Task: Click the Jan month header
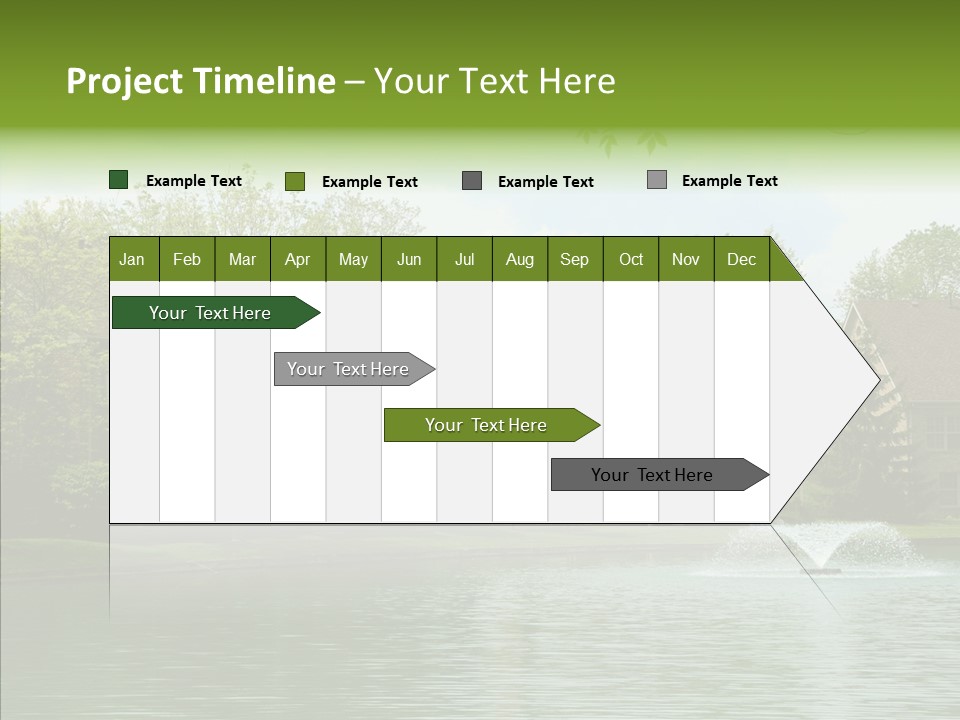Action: click(x=133, y=259)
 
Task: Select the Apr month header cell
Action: click(x=298, y=259)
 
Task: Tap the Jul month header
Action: click(x=464, y=259)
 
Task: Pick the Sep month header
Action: click(x=574, y=259)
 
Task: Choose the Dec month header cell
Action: click(x=741, y=259)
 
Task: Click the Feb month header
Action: click(x=187, y=259)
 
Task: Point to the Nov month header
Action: click(x=686, y=259)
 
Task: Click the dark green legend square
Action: click(x=119, y=180)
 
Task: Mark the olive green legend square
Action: click(x=295, y=181)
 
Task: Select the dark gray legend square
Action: click(x=472, y=181)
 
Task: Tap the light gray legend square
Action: click(x=657, y=180)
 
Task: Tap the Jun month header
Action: click(x=409, y=259)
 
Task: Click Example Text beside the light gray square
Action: click(x=729, y=181)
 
